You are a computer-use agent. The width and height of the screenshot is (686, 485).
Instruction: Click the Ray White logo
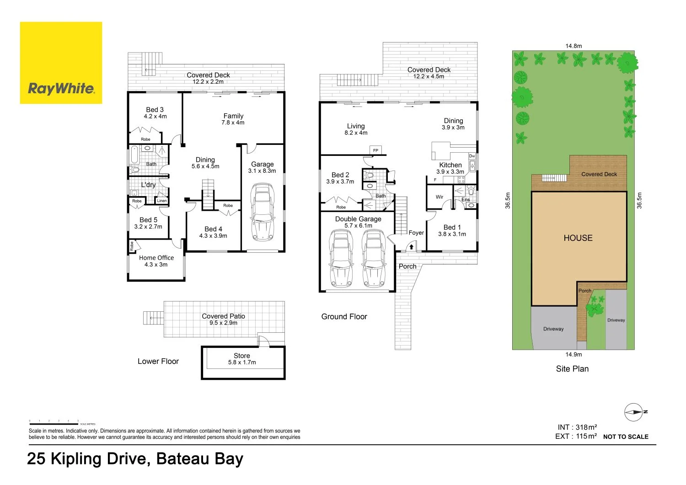[61, 63]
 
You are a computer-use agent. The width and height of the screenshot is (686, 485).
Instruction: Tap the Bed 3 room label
[155, 110]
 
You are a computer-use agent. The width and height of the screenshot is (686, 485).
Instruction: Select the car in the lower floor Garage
[263, 212]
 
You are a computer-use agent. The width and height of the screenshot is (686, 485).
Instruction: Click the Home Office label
[156, 258]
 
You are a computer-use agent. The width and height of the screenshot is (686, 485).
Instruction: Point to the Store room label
[241, 356]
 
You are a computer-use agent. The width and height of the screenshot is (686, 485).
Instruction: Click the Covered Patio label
[223, 316]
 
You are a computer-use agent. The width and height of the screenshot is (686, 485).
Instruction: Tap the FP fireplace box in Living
[375, 150]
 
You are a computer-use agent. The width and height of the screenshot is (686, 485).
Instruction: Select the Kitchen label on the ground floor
[450, 165]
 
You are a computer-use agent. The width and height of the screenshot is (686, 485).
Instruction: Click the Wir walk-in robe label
[439, 197]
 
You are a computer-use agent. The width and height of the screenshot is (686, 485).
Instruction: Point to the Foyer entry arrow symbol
[411, 247]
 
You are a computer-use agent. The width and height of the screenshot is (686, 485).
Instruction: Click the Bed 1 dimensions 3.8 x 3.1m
[452, 234]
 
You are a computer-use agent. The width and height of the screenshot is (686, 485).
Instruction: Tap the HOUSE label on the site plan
[578, 238]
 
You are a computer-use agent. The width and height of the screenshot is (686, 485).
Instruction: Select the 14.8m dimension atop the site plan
[573, 46]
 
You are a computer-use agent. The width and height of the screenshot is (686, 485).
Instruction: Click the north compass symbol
[634, 412]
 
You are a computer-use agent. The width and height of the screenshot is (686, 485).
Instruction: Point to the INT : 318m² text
[577, 427]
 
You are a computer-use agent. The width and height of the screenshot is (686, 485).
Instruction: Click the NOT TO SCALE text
[625, 437]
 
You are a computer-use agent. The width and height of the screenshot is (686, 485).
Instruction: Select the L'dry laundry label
[148, 185]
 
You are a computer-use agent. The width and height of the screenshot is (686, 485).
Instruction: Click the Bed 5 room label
[148, 220]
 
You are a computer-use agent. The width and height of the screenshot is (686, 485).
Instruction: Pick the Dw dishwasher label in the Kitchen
[472, 156]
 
